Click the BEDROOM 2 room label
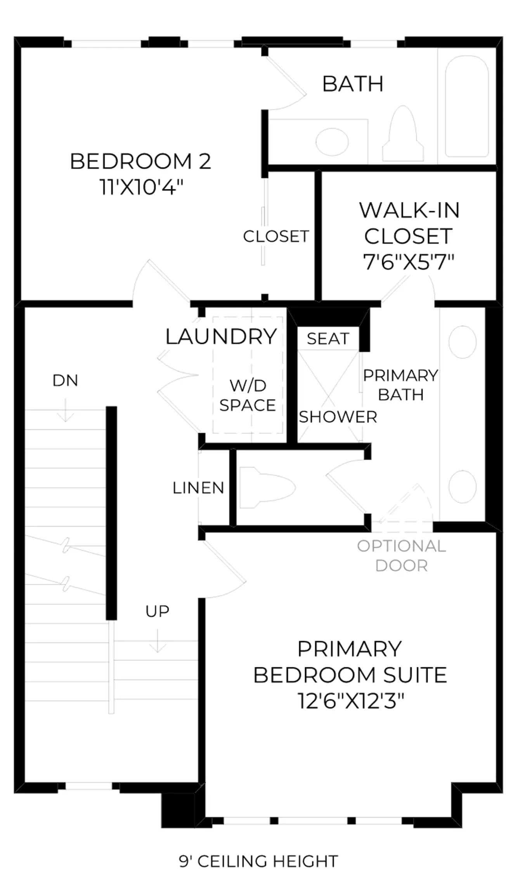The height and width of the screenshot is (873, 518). pos(140,161)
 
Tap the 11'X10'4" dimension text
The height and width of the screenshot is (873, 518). pos(141,187)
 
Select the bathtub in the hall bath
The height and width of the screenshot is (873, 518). pos(466,106)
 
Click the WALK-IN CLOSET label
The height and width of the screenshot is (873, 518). pos(409,223)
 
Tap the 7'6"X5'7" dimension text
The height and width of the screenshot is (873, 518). pos(409,262)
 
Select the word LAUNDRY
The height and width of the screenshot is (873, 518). pos(221,336)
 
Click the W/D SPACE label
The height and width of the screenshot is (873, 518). pos(248,395)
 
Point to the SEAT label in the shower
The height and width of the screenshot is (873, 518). pos(328,339)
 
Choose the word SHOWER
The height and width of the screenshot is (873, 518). pos(338,417)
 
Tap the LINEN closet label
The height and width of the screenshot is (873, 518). pos(199,488)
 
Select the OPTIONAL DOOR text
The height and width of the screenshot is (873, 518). pos(402,556)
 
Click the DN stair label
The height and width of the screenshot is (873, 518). pos(65,381)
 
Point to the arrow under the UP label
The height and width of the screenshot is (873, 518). pos(158,641)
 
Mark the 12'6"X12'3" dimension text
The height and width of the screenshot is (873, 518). pos(351,701)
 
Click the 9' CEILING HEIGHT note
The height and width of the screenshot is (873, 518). pos(258,861)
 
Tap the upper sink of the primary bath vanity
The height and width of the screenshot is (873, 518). pos(463,342)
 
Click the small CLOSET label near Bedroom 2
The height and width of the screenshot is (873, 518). pos(276,236)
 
